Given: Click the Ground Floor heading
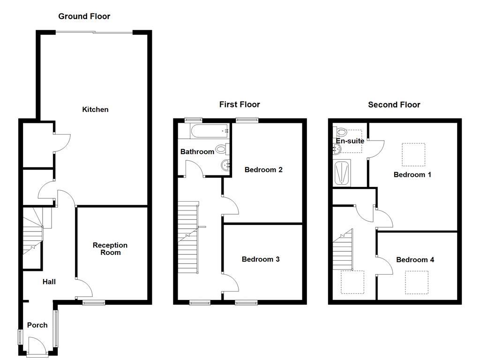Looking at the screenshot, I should pyautogui.click(x=84, y=16).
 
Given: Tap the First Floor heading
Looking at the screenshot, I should pyautogui.click(x=240, y=105).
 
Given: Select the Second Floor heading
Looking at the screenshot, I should pyautogui.click(x=394, y=105).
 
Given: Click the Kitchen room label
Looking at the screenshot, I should pyautogui.click(x=95, y=110).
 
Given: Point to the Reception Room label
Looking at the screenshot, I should pyautogui.click(x=110, y=249).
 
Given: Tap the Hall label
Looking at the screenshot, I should pyautogui.click(x=49, y=282).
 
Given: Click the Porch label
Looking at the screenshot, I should pyautogui.click(x=37, y=325).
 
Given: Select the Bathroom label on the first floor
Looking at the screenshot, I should pyautogui.click(x=197, y=152).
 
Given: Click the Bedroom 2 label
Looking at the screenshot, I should pyautogui.click(x=263, y=170).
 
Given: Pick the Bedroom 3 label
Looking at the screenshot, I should pyautogui.click(x=261, y=259).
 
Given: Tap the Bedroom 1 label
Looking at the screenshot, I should pyautogui.click(x=412, y=175).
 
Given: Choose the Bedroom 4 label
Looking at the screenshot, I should pyautogui.click(x=415, y=260).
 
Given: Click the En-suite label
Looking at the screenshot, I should pyautogui.click(x=350, y=141).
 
